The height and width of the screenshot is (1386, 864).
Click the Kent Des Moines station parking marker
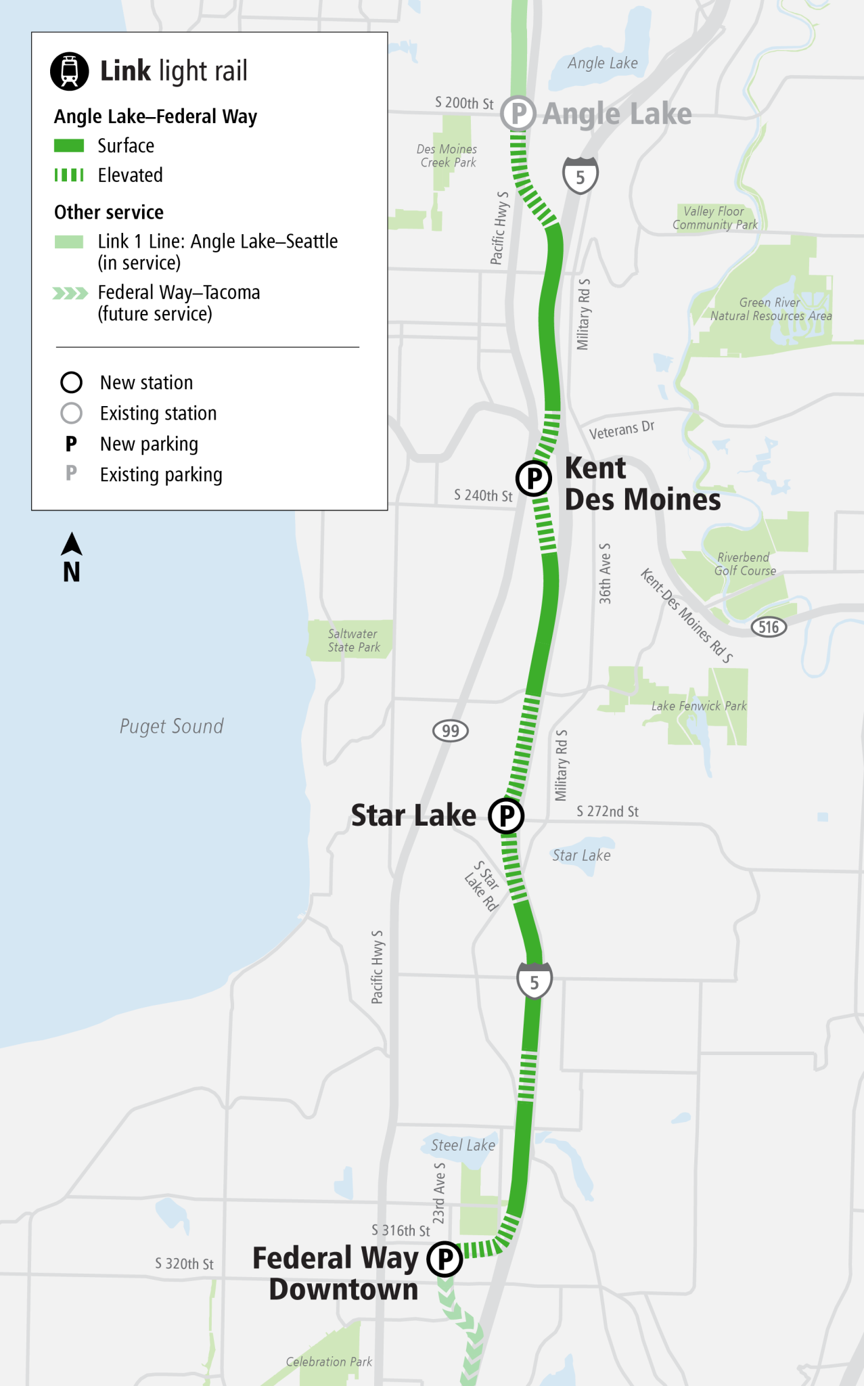point(534,478)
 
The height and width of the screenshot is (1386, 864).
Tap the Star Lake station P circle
point(507,815)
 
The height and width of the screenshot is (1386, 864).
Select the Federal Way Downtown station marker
point(445,1259)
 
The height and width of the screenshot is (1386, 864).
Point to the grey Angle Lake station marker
point(518,114)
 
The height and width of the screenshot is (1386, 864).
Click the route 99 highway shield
point(451,731)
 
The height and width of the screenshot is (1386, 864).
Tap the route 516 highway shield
point(769,627)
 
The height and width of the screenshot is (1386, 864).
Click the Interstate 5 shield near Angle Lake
point(581,176)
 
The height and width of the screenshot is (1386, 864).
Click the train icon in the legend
point(70,71)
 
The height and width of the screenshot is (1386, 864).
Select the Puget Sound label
point(171,726)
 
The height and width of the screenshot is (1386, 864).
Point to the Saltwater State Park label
point(353,640)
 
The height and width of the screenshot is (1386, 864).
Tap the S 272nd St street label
point(608,811)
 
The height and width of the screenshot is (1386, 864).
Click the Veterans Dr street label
point(622,430)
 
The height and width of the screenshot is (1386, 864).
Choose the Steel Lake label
point(463,1145)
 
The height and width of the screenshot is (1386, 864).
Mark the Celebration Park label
point(329,1362)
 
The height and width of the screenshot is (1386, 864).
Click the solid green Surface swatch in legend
point(69,146)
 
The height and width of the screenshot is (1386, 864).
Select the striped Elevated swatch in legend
point(69,175)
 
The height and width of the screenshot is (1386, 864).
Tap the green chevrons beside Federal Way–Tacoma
point(70,293)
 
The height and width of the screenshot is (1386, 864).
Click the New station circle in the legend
point(72,382)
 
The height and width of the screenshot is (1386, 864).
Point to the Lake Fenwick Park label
point(699,706)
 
